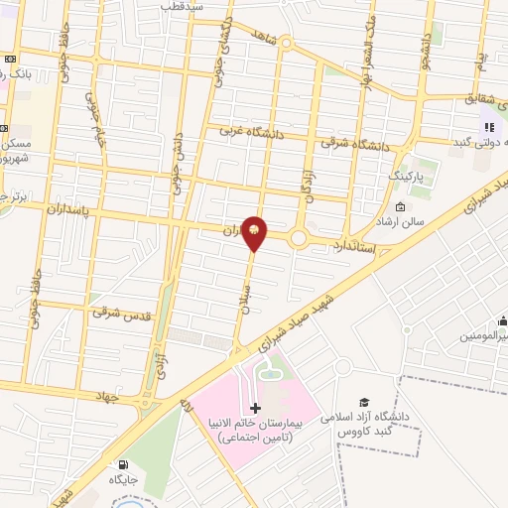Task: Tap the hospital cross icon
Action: point(255,408)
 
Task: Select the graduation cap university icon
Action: point(363,401)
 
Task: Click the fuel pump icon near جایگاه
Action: point(123,464)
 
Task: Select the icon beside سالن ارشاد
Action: point(400,206)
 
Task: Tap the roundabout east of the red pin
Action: point(300,238)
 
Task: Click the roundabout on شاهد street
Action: point(286,44)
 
